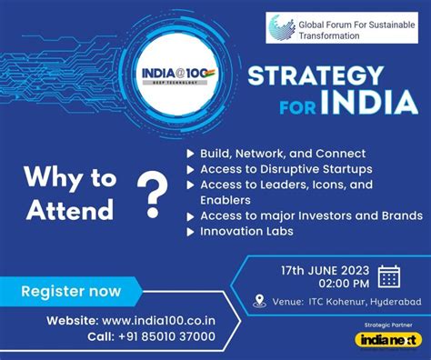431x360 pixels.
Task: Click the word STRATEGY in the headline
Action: [x=316, y=75]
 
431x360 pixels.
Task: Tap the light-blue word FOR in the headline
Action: [x=298, y=106]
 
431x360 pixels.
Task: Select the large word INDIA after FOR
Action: [x=370, y=102]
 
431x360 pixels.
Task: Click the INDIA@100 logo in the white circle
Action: [x=178, y=75]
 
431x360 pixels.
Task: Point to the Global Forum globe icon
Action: [x=282, y=28]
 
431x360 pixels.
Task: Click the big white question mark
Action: [x=153, y=194]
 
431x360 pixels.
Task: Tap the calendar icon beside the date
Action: [x=389, y=276]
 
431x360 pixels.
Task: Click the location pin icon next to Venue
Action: [x=259, y=301]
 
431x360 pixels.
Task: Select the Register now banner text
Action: [x=71, y=291]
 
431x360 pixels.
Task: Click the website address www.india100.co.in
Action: [x=158, y=321]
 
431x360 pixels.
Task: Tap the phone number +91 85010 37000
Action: [x=166, y=336]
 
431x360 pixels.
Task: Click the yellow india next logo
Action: [x=388, y=340]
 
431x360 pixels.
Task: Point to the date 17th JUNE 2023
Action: [x=325, y=270]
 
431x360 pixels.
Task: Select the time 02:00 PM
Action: [x=344, y=284]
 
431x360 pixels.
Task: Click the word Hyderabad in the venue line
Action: [x=396, y=302]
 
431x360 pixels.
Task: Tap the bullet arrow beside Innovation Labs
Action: [x=190, y=232]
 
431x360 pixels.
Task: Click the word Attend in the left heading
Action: [x=70, y=210]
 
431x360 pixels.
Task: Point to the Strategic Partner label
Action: [x=388, y=325]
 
